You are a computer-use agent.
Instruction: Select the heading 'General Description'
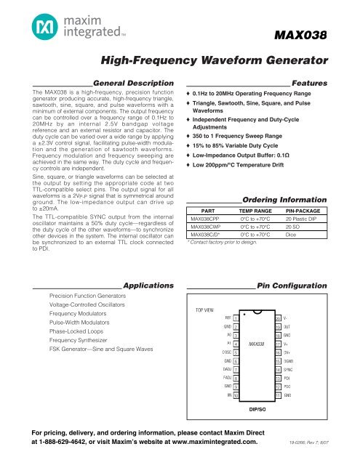click(134, 83)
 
